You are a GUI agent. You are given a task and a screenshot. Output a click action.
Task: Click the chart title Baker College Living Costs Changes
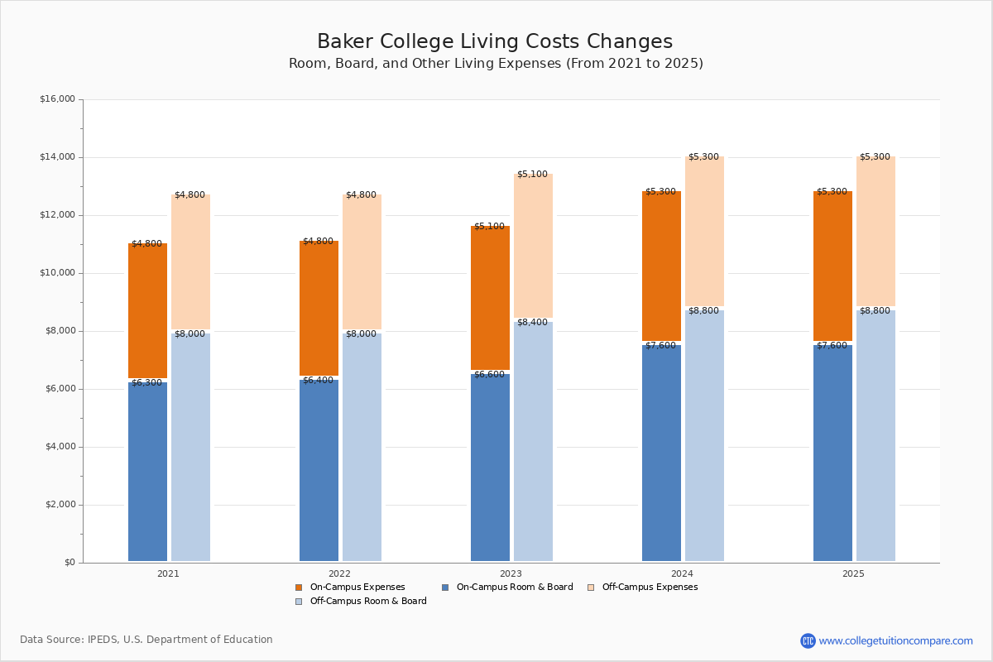495,42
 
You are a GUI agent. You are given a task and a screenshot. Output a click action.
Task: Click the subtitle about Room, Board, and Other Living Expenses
496,64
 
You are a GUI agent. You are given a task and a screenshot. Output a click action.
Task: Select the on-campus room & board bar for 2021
147,472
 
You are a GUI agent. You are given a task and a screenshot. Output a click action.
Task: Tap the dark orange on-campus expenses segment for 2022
319,309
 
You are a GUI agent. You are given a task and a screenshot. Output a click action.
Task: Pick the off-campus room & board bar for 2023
533,442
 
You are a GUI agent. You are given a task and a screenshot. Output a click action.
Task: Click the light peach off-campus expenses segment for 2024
704,232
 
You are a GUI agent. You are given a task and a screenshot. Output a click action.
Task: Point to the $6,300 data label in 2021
147,383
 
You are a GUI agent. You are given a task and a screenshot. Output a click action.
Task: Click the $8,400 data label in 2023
532,323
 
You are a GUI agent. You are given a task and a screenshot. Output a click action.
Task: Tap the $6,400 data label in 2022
318,381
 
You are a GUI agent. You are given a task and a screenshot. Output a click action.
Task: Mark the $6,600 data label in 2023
489,375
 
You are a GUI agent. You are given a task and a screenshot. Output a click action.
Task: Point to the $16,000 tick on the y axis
57,99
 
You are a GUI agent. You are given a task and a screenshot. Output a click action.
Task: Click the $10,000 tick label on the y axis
57,273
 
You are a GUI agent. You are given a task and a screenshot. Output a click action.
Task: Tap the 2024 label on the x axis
682,573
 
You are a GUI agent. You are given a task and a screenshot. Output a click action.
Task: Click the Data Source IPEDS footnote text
146,640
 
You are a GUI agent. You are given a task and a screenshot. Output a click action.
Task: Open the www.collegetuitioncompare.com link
895,640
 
